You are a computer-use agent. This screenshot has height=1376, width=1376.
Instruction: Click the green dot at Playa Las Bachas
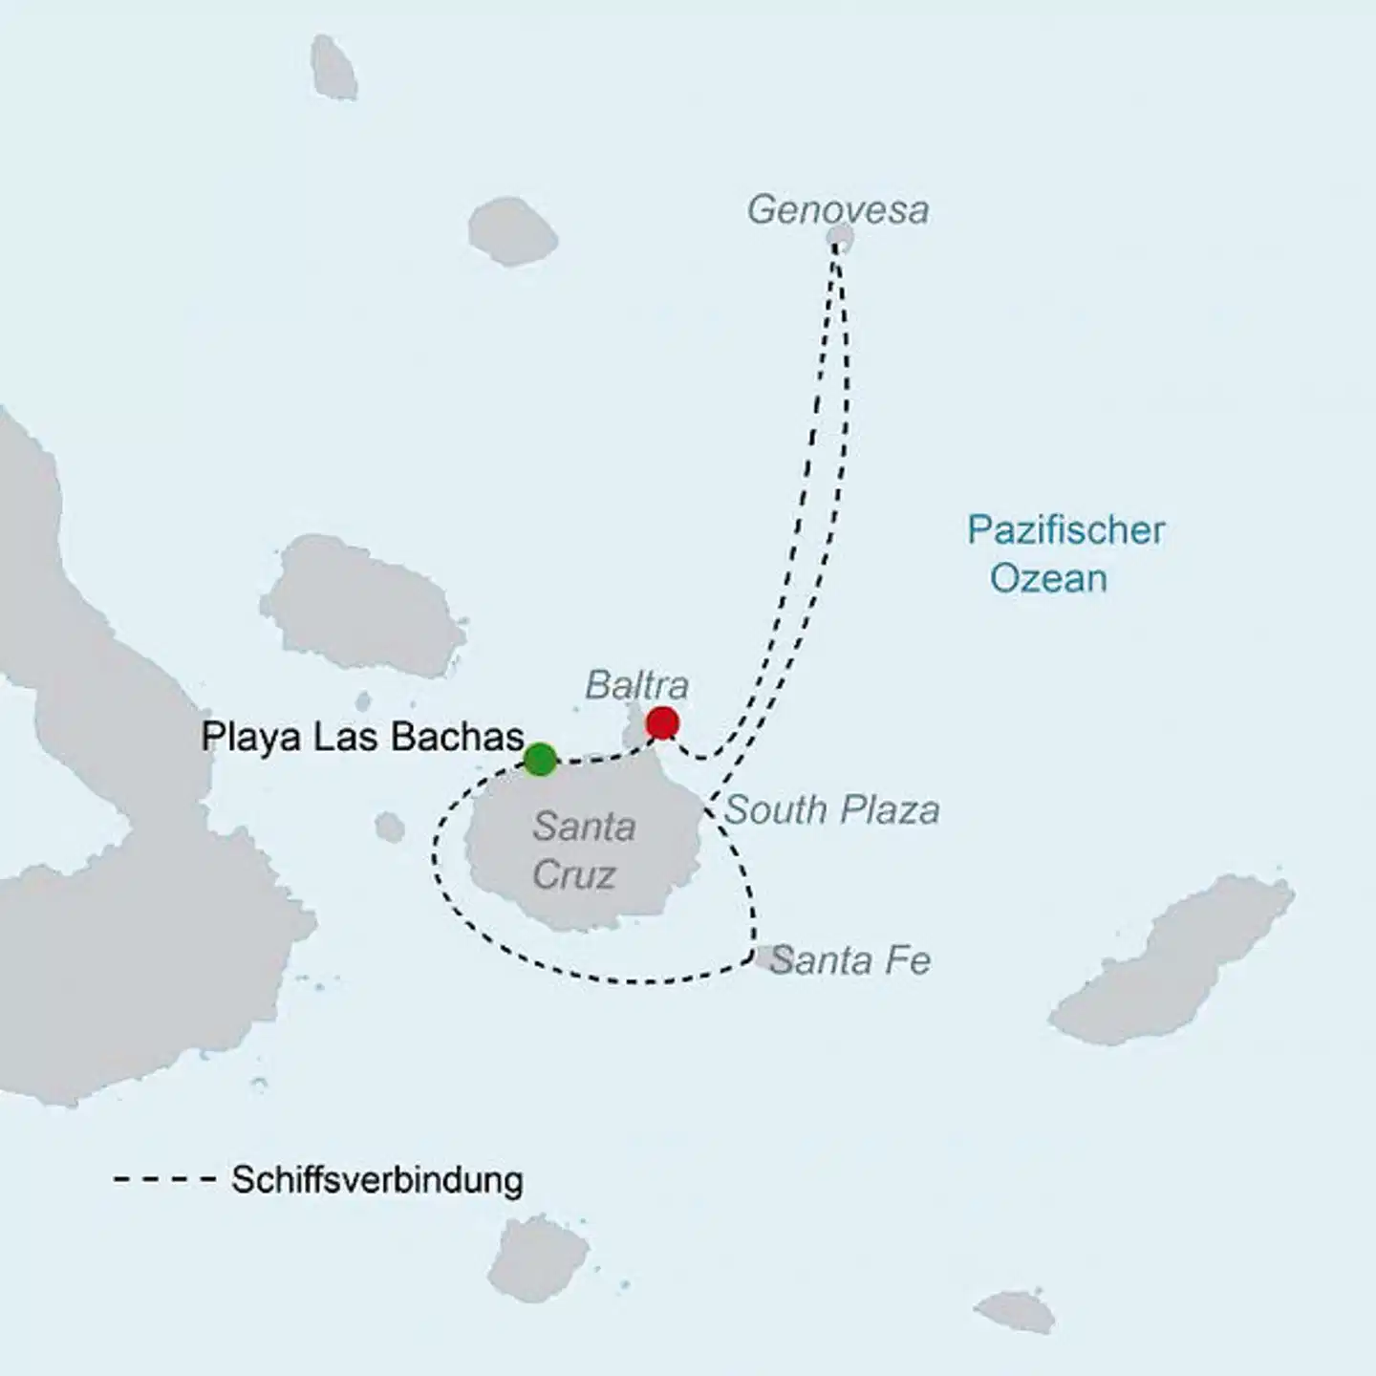pyautogui.click(x=540, y=759)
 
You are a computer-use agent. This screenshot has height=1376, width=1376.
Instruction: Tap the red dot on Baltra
pyautogui.click(x=662, y=723)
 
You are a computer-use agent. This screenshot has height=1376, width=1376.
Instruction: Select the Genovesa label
pyautogui.click(x=837, y=209)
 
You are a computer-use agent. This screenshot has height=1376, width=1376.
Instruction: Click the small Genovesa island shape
pyautogui.click(x=840, y=237)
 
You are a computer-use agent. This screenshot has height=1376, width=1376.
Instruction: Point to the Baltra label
pyautogui.click(x=636, y=684)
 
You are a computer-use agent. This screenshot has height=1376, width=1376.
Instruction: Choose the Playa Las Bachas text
pyautogui.click(x=362, y=737)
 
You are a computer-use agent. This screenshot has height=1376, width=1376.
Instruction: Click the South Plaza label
pyautogui.click(x=831, y=809)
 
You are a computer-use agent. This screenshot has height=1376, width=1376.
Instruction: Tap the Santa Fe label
pyautogui.click(x=850, y=959)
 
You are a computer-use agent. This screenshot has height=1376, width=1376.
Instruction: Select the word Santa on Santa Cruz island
pyautogui.click(x=584, y=827)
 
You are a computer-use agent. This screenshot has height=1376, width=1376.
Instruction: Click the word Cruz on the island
pyautogui.click(x=573, y=874)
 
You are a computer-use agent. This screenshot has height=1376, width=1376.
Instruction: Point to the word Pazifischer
pyautogui.click(x=1065, y=529)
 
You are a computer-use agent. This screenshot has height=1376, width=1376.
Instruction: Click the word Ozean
pyautogui.click(x=1048, y=578)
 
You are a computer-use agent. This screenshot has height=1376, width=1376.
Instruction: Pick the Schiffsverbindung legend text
pyautogui.click(x=376, y=1179)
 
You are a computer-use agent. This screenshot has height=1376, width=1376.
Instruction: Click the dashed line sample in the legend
pyautogui.click(x=164, y=1179)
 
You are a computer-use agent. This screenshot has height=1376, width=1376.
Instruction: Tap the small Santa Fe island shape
pyautogui.click(x=765, y=957)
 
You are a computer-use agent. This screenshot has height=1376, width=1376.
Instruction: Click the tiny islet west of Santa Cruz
pyautogui.click(x=389, y=828)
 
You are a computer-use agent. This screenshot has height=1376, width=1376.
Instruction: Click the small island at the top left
pyautogui.click(x=333, y=67)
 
